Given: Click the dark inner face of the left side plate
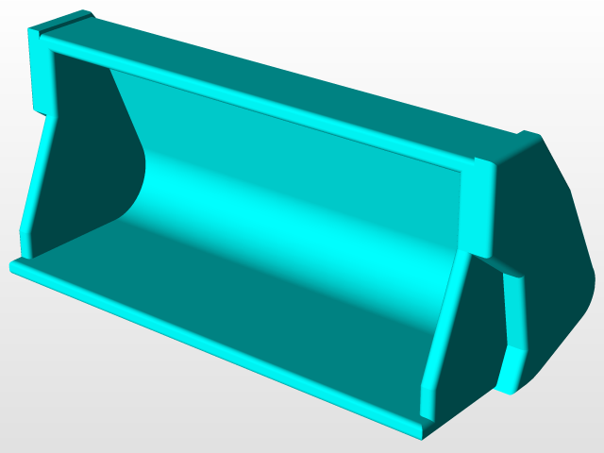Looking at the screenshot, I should [85, 160].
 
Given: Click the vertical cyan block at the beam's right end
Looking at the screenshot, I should [479, 208].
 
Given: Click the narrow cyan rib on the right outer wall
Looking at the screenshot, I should [514, 311].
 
